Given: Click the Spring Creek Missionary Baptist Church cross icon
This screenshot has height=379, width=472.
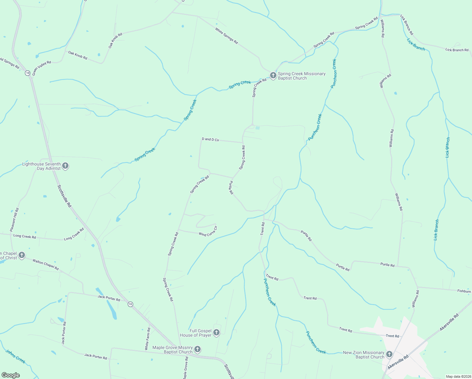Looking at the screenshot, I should point(273,75).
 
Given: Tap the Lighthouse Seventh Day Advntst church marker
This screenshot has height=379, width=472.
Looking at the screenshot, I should point(65,166).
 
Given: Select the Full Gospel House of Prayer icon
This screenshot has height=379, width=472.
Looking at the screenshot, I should point(216,332).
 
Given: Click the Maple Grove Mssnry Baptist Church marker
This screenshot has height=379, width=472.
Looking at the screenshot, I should point(198,349).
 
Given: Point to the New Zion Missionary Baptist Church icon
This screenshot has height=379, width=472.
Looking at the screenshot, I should point(389,354).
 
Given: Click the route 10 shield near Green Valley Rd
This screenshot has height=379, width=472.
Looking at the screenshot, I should point(28,73).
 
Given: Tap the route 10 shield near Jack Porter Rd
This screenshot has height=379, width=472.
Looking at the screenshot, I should point(130,304).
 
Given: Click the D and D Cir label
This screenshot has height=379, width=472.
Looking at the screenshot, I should point(210,139).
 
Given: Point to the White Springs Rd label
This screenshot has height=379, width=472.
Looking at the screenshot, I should point(227,36).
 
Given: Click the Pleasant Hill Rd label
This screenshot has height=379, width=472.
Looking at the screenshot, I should point(15,220).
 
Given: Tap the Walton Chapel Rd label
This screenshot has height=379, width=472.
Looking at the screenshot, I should point(46,265).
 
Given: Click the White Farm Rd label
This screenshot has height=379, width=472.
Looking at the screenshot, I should point(147,339).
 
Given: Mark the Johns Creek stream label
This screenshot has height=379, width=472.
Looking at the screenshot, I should point(15,357).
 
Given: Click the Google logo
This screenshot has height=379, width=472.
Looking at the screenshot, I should point(11,375).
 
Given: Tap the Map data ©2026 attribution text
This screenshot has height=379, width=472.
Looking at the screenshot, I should point(458,376).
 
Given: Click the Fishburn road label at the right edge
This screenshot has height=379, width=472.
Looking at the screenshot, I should point(464,291).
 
